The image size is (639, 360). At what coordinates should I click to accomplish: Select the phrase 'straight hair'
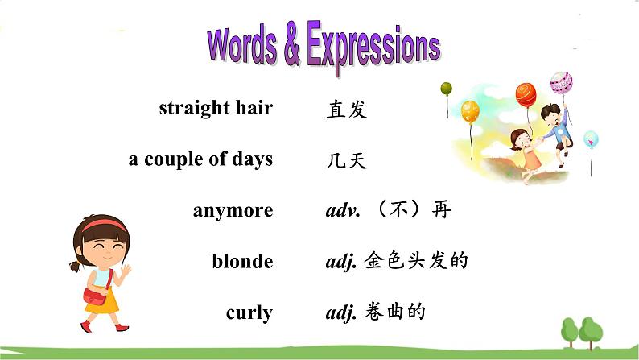(x=216, y=109)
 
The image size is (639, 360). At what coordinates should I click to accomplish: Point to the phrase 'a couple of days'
(x=200, y=159)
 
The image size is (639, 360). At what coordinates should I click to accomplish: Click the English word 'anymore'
(x=233, y=211)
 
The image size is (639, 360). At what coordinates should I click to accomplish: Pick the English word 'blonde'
(x=242, y=262)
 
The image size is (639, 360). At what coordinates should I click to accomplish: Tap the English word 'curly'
(x=249, y=312)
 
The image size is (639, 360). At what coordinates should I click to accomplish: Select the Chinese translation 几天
(x=347, y=161)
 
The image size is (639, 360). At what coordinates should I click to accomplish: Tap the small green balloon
(x=446, y=88)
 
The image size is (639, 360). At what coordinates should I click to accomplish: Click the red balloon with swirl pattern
(x=526, y=93)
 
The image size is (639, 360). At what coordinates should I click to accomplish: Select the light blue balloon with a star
(x=592, y=139)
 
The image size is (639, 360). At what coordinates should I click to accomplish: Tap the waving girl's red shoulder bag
(x=95, y=296)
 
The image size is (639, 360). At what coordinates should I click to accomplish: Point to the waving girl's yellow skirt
(x=102, y=300)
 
